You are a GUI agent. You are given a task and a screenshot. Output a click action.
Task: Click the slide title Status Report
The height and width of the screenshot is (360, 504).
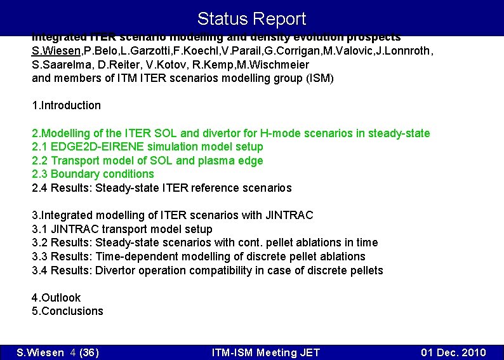click(x=251, y=19)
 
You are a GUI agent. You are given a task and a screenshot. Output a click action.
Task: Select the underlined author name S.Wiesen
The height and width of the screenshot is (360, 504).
click(x=55, y=51)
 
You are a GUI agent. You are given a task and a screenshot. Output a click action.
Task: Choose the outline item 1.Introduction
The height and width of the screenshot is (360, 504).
click(x=66, y=105)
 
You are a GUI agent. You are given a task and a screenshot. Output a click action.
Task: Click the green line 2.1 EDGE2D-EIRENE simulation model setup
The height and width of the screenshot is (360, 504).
click(x=147, y=147)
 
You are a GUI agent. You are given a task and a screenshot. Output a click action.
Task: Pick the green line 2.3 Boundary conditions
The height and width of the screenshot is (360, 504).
click(x=93, y=174)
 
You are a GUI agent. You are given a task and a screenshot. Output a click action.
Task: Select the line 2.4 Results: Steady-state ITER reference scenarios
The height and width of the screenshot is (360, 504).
click(x=161, y=188)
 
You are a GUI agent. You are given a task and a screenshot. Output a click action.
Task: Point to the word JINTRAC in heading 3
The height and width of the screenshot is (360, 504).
click(x=291, y=215)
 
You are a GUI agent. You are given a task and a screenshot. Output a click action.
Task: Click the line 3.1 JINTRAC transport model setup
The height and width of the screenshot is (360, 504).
click(x=122, y=229)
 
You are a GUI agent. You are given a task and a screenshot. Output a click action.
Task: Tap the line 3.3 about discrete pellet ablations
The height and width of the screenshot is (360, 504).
click(x=198, y=257)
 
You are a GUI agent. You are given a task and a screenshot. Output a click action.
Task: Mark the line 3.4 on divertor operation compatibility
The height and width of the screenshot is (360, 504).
click(x=207, y=270)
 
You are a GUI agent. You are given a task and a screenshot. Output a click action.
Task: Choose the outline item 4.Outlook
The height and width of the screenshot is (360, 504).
click(x=56, y=298)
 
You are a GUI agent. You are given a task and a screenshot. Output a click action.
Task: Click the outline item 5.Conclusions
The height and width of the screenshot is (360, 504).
click(x=67, y=311)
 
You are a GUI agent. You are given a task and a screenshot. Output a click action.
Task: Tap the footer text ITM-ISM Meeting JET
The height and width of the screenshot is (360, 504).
click(x=265, y=352)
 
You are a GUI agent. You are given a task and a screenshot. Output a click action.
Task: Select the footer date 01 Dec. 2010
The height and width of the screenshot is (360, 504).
click(x=453, y=352)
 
